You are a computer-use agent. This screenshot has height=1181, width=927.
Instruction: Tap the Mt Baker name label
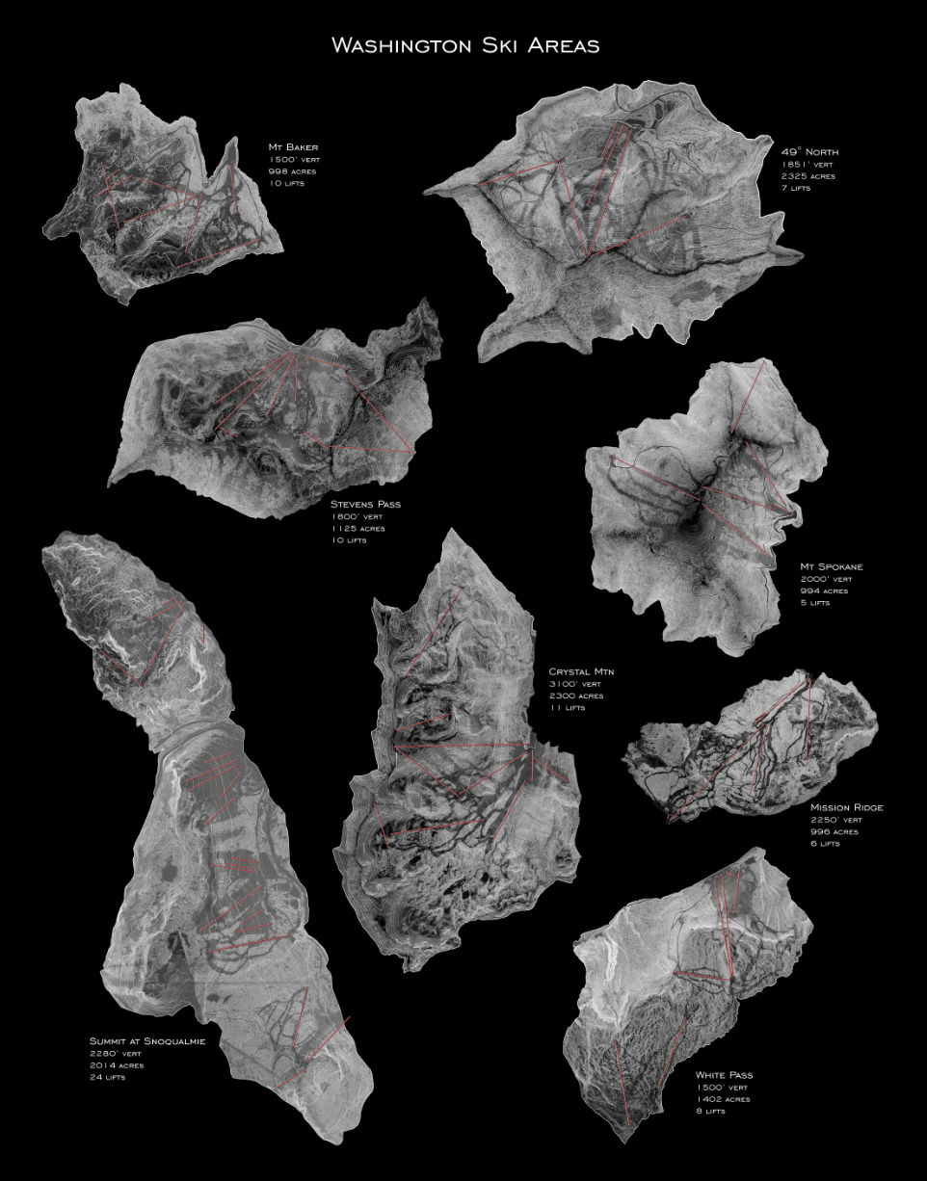point(293,147)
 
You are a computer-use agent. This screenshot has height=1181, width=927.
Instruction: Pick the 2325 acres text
point(808,176)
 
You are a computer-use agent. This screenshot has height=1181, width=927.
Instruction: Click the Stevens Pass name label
point(365,504)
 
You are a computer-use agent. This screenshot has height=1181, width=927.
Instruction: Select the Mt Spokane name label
point(832,566)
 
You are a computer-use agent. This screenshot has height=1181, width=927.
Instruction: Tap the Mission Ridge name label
point(847,807)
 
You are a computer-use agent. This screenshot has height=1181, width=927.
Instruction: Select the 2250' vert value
point(834,820)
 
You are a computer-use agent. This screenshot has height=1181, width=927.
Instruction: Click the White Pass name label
point(724,1074)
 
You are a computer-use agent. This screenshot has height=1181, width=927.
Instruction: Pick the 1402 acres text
point(723,1098)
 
